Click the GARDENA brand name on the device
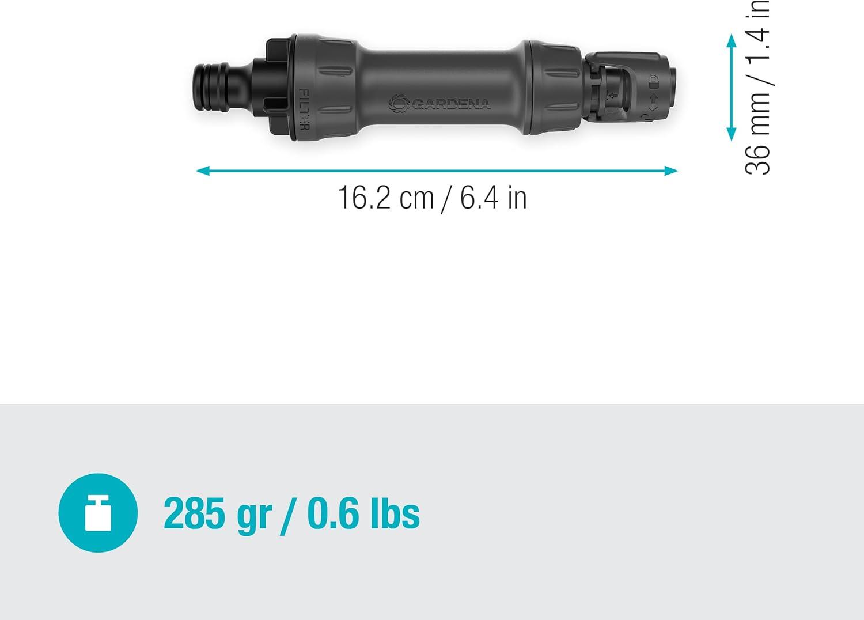point(451,104)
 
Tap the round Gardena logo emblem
point(399,104)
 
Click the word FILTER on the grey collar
point(304,109)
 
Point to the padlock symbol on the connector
point(653,82)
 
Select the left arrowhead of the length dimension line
point(203,171)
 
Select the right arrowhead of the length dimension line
point(671,171)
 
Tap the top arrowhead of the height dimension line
point(732,41)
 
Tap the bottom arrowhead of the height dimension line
point(732,134)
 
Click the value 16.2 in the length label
point(364,197)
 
